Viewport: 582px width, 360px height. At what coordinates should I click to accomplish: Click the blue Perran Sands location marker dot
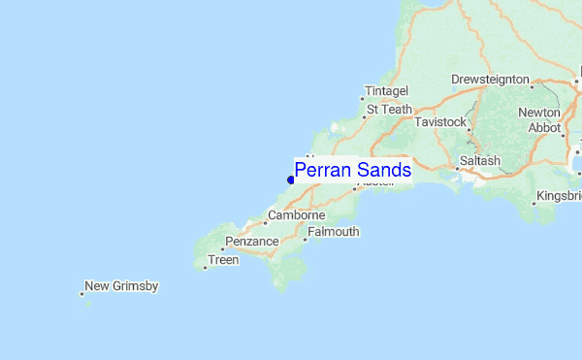point(291,180)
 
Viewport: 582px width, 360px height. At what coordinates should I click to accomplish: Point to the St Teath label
point(389,110)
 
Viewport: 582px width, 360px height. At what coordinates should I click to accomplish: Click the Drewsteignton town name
point(490,81)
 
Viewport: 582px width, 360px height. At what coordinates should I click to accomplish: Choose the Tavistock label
point(440,123)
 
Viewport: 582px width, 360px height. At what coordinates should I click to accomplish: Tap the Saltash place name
point(480,160)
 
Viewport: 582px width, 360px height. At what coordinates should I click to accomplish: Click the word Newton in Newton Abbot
point(539,114)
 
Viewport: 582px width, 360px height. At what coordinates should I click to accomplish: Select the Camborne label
point(296,215)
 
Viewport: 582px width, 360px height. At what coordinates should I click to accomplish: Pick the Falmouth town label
point(334,232)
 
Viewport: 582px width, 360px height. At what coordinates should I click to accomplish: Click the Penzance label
point(252,241)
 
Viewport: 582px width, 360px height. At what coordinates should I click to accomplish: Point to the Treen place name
point(223,260)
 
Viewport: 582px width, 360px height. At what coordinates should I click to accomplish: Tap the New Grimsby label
point(121,286)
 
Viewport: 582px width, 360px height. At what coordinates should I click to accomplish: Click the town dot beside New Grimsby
point(81,293)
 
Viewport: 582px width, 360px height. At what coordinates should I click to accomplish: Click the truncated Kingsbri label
point(560,197)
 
